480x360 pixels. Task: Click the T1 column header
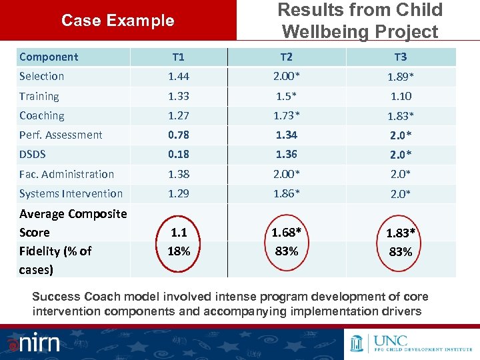pos(179,57)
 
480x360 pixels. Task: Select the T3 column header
pos(401,57)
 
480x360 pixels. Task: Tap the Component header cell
pos(49,57)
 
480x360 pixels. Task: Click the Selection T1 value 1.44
pos(179,77)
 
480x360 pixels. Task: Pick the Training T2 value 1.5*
pos(287,96)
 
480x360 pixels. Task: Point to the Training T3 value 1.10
pos(401,96)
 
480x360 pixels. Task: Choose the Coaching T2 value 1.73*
pos(287,115)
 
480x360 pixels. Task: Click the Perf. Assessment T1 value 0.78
pos(179,135)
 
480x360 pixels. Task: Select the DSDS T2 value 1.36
pos(287,154)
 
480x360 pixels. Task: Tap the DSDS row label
pos(33,154)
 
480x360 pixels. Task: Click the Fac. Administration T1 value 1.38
pos(179,174)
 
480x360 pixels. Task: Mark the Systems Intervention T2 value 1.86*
pos(287,193)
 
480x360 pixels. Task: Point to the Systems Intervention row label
pos(71,193)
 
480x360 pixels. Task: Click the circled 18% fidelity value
pos(179,251)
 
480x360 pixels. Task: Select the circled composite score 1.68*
pos(287,233)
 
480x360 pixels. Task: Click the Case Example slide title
pos(117,21)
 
